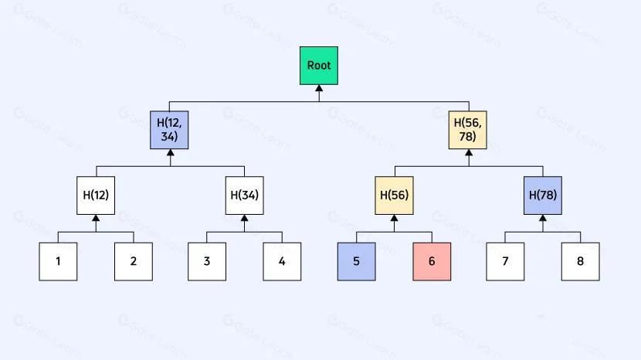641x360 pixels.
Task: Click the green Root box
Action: click(x=319, y=66)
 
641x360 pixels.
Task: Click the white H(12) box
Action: click(x=96, y=195)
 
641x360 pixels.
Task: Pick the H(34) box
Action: click(x=245, y=195)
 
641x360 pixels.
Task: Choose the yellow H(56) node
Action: click(x=394, y=195)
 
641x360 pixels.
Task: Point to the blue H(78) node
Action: click(x=543, y=195)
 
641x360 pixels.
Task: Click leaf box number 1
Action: click(x=58, y=261)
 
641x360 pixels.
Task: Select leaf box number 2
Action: click(x=134, y=261)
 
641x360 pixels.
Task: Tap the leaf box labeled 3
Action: click(x=207, y=261)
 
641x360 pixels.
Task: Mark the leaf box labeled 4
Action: click(x=282, y=261)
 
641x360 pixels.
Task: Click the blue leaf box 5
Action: click(x=357, y=261)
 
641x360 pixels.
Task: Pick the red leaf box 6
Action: click(x=432, y=261)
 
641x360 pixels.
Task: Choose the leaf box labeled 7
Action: click(x=505, y=261)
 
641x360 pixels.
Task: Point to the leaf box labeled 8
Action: click(x=581, y=261)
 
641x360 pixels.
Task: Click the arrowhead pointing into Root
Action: click(x=319, y=88)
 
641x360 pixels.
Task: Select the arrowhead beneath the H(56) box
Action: click(x=394, y=218)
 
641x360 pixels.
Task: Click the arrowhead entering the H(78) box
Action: click(x=543, y=218)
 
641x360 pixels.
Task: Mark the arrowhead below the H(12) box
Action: click(x=96, y=218)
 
